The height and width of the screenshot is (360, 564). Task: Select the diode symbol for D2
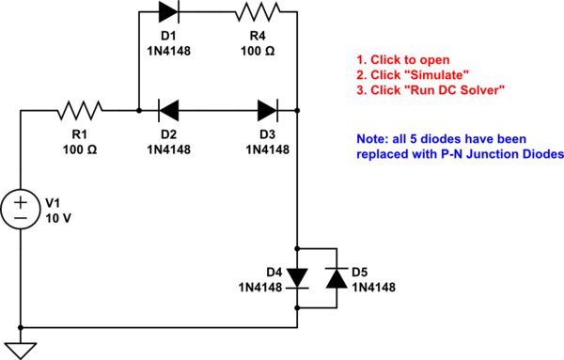tap(170, 110)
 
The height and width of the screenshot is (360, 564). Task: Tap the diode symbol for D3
tap(265, 110)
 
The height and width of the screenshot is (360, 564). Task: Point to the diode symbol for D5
tap(334, 278)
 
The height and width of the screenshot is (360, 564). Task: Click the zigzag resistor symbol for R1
tap(73, 110)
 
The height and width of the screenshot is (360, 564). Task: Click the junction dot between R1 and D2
tap(138, 110)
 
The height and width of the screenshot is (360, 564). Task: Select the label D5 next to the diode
tap(360, 273)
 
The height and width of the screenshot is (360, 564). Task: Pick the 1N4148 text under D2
tap(170, 149)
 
